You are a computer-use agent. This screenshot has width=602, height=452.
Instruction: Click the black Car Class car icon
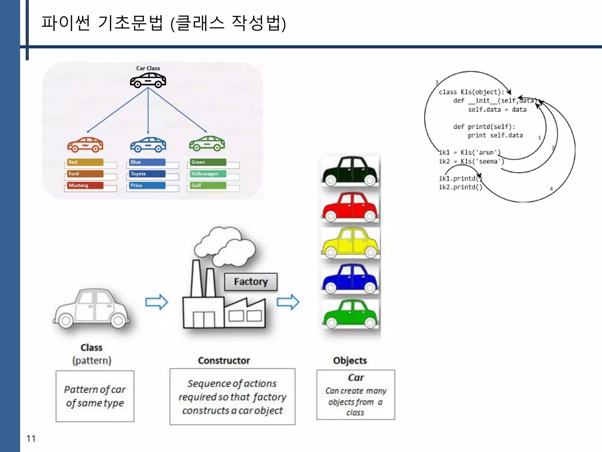point(148,81)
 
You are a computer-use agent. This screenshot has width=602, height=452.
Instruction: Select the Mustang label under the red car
point(84,185)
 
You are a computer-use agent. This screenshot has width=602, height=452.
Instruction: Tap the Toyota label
point(146,174)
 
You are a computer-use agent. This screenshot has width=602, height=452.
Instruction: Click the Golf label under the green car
point(207,185)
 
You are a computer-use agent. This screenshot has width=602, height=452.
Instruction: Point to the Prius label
point(146,185)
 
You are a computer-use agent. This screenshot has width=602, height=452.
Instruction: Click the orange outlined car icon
point(85,144)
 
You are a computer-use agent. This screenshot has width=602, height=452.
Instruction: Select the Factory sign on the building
point(251,282)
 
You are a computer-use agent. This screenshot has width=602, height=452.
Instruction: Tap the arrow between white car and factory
point(156,302)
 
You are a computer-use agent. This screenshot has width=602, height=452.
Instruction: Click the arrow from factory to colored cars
point(288,302)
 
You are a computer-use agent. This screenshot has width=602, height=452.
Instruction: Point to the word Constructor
point(224,360)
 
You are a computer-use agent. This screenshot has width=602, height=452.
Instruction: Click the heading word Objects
point(350,360)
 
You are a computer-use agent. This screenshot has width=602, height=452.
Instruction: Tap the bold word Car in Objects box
point(356,378)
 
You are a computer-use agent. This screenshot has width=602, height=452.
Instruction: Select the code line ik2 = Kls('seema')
point(471,161)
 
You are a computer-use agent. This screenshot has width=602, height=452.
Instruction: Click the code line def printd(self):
point(484,127)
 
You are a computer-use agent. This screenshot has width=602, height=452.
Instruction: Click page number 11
point(31,438)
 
